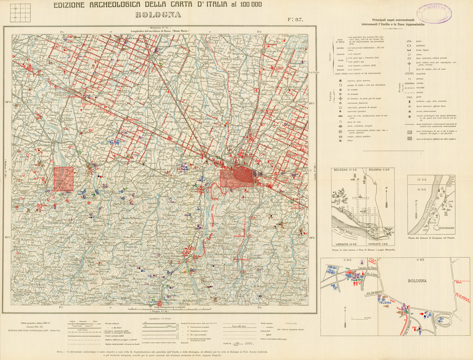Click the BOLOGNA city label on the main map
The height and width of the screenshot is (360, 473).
click(269, 167)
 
